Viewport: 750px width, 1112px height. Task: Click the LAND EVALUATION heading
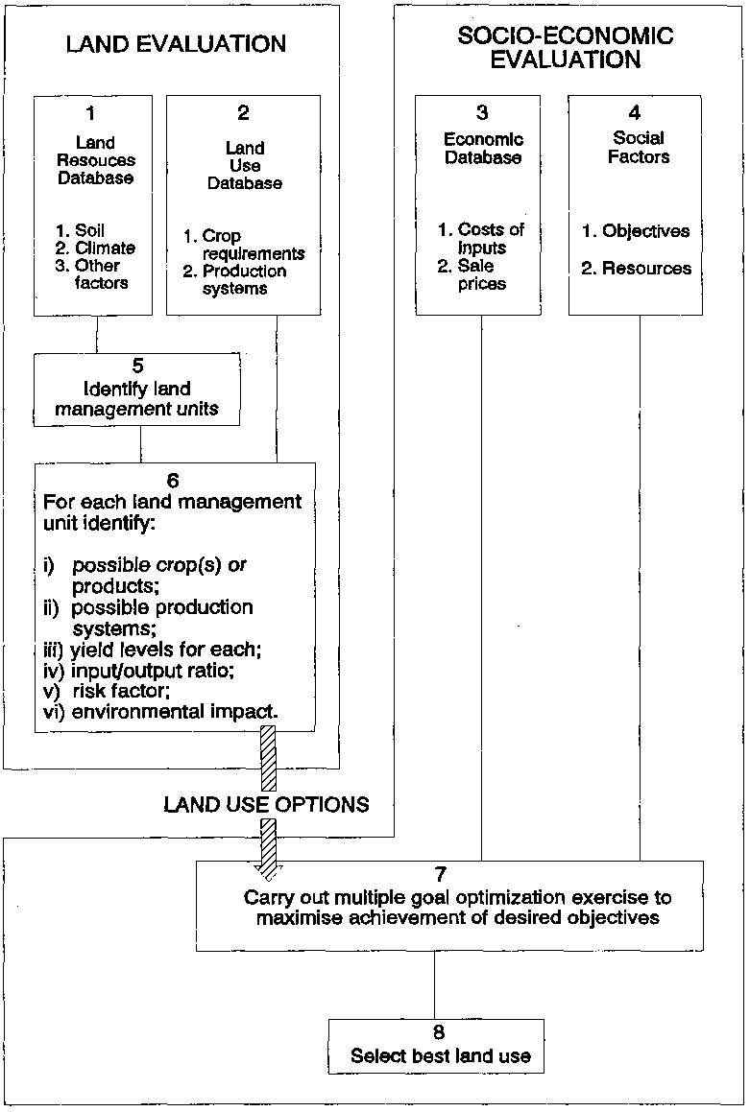pyautogui.click(x=176, y=44)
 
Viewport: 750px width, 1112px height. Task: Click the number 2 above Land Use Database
pyautogui.click(x=243, y=114)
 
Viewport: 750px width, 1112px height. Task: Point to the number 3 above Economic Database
pyautogui.click(x=482, y=113)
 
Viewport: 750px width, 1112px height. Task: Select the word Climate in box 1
pyautogui.click(x=106, y=248)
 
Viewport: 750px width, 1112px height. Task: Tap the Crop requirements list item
pyautogui.click(x=253, y=245)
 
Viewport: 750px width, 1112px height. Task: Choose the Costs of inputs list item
pyautogui.click(x=490, y=238)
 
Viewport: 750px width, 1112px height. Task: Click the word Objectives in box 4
pyautogui.click(x=646, y=231)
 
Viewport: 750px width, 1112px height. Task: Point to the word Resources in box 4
pyautogui.click(x=646, y=269)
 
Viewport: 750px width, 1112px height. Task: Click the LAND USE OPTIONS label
pyautogui.click(x=266, y=804)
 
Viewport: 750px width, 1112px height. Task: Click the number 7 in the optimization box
pyautogui.click(x=440, y=875)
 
